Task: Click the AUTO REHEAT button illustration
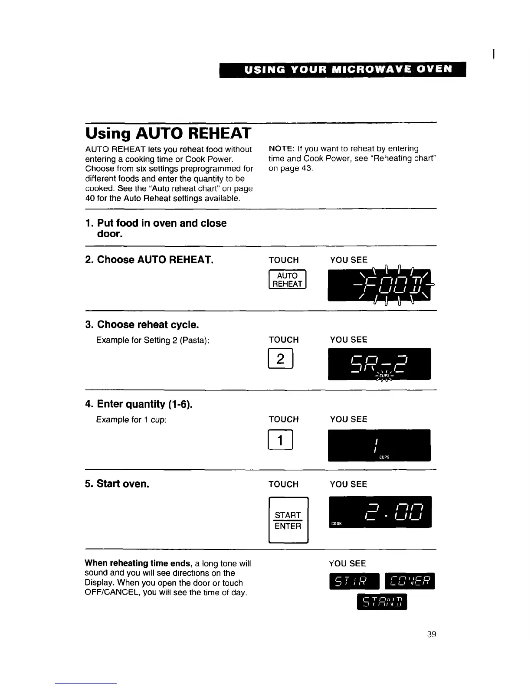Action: [x=287, y=280]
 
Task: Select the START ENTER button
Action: [x=288, y=520]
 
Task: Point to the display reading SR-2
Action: [x=379, y=364]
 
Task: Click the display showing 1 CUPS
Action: [x=379, y=445]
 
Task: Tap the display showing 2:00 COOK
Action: [x=380, y=512]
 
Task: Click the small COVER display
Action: [x=409, y=581]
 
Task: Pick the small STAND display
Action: [x=382, y=602]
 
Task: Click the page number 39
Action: [x=431, y=635]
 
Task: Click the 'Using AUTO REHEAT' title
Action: [x=168, y=133]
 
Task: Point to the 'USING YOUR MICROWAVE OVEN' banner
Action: [x=343, y=69]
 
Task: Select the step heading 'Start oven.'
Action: [x=123, y=484]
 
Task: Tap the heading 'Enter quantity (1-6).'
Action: [x=145, y=404]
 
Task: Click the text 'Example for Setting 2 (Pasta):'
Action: [x=153, y=340]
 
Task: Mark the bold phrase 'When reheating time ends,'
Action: [x=138, y=563]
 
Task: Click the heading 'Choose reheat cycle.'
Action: [x=148, y=325]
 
